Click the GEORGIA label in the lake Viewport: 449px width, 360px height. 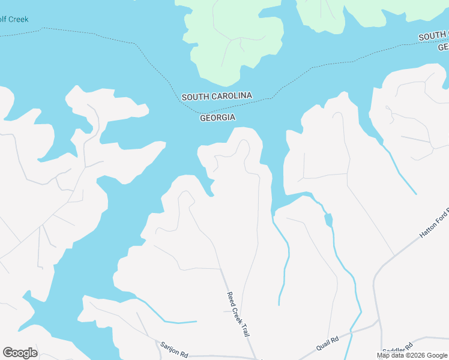pos(217,118)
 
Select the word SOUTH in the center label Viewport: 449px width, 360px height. pos(194,97)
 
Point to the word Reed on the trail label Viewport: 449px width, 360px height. pos(231,298)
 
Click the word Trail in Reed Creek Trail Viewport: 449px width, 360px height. pos(244,328)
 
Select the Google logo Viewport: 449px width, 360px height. pos(20,353)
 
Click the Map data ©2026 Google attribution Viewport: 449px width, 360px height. pos(412,355)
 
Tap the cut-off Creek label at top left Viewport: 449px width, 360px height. pos(14,19)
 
